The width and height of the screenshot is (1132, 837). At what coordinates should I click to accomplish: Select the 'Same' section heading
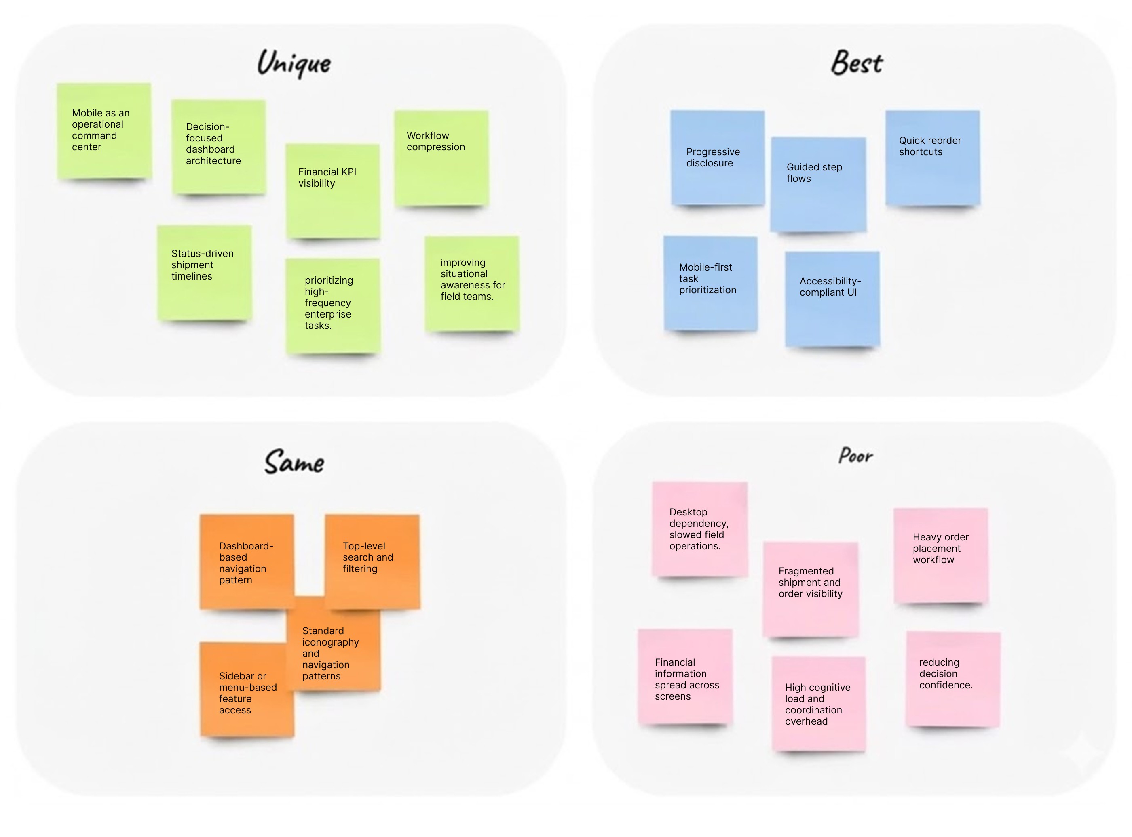pyautogui.click(x=294, y=462)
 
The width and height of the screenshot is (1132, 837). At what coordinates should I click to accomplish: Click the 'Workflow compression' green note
pyautogui.click(x=441, y=158)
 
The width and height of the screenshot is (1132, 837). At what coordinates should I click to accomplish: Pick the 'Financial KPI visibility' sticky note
pyautogui.click(x=333, y=191)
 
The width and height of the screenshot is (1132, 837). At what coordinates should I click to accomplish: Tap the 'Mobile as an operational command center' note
pyautogui.click(x=104, y=131)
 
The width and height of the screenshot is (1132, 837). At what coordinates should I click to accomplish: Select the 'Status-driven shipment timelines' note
pyautogui.click(x=204, y=272)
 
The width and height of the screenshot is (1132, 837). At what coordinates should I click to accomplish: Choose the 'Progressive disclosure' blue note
pyautogui.click(x=717, y=158)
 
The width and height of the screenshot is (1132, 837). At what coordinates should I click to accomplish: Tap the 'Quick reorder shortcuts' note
pyautogui.click(x=932, y=158)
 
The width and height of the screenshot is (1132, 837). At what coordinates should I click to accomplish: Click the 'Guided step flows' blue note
pyautogui.click(x=818, y=184)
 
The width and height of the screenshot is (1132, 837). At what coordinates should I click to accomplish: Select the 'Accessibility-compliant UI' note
pyautogui.click(x=832, y=299)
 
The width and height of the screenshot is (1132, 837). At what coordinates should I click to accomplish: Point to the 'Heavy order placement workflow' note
pyautogui.click(x=940, y=555)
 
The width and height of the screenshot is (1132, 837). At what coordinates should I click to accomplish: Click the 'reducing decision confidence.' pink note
pyautogui.click(x=952, y=679)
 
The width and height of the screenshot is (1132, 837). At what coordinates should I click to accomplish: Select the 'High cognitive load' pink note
pyautogui.click(x=818, y=704)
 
